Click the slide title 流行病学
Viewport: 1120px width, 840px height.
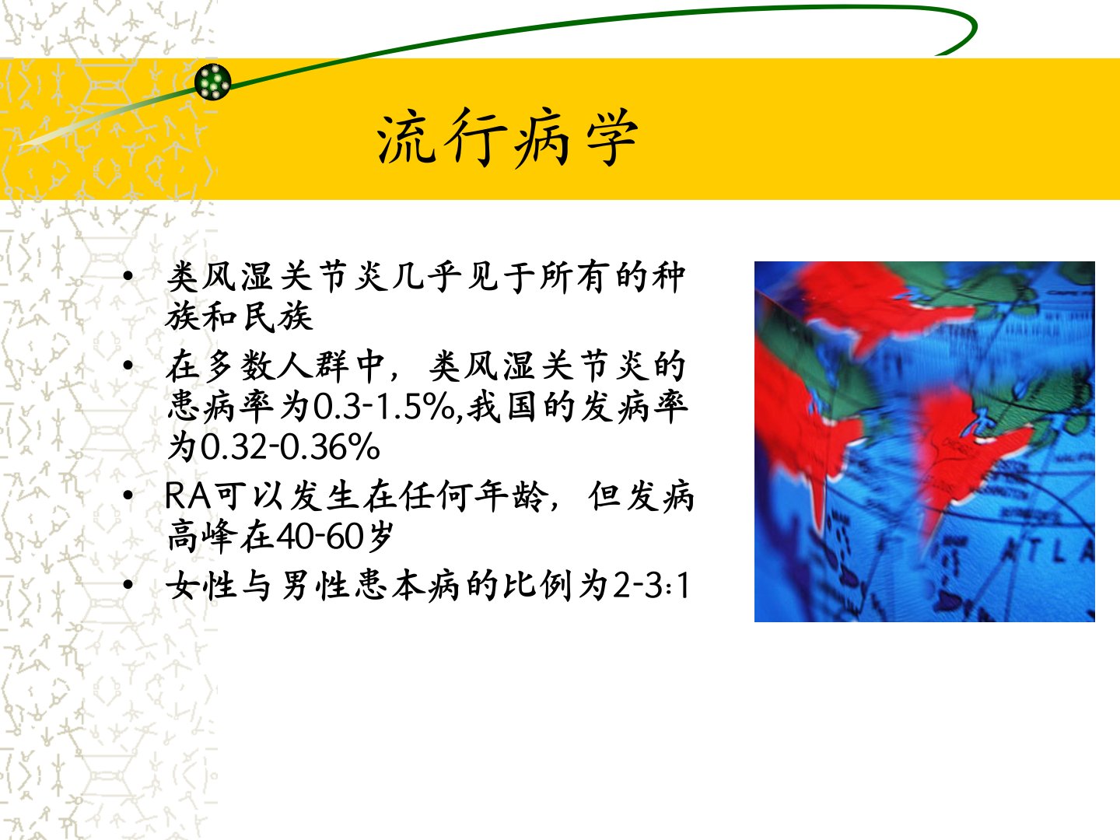click(507, 138)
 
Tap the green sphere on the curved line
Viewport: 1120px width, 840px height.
click(213, 82)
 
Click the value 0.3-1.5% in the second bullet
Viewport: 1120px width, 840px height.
click(383, 408)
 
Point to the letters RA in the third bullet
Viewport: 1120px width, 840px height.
click(187, 495)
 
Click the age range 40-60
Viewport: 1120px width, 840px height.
click(320, 536)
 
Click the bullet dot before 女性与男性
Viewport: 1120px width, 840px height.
click(128, 584)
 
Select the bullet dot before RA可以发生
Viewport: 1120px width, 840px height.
click(128, 495)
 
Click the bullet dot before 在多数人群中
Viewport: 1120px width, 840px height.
click(128, 366)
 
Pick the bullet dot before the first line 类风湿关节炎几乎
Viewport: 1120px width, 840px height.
click(128, 276)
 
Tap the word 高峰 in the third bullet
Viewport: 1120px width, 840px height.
click(202, 536)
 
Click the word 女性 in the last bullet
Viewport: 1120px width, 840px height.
click(202, 585)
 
